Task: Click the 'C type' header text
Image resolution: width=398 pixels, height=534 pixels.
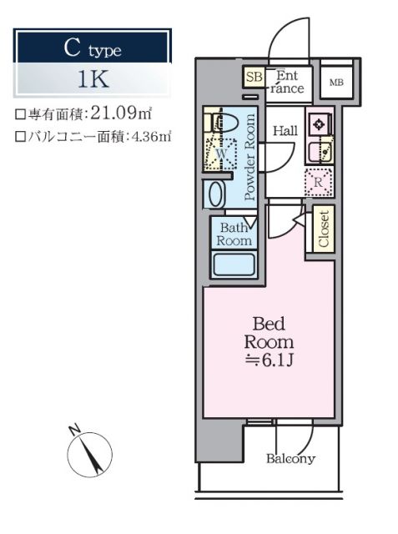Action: (93, 49)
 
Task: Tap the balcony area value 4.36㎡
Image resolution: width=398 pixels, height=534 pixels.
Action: (149, 137)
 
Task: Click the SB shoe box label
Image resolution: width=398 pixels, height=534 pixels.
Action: (253, 78)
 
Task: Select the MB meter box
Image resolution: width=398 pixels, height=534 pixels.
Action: (336, 82)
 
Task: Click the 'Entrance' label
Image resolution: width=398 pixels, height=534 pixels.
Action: (288, 81)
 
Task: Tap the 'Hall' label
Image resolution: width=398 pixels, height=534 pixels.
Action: (285, 129)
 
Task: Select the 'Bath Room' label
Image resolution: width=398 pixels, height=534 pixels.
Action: (234, 234)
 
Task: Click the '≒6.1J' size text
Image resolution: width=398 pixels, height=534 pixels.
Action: (268, 360)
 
